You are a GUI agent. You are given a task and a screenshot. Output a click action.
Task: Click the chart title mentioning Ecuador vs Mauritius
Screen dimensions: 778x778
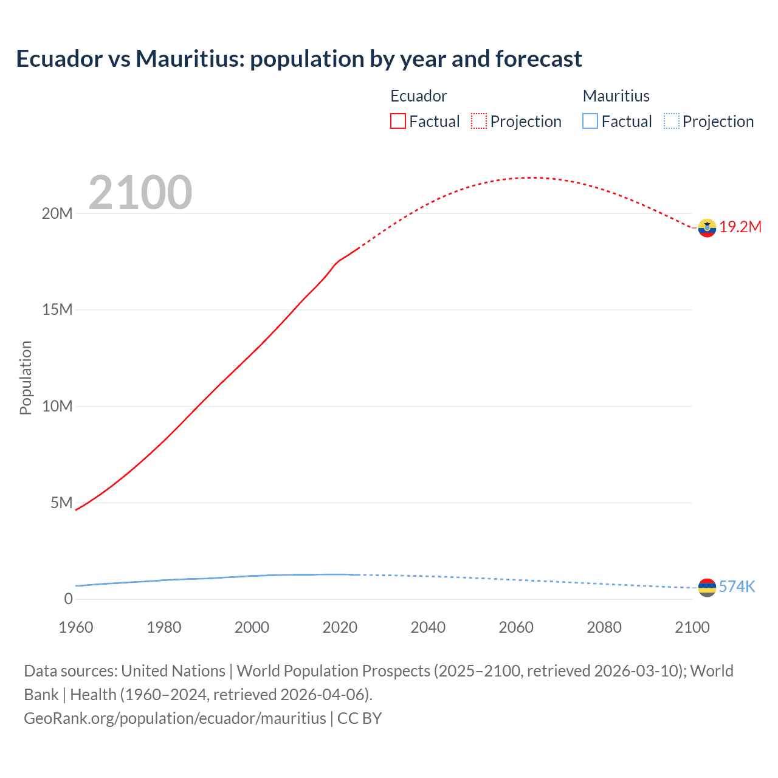pyautogui.click(x=299, y=59)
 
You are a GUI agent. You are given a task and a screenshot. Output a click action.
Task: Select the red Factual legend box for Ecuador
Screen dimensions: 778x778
pyautogui.click(x=398, y=122)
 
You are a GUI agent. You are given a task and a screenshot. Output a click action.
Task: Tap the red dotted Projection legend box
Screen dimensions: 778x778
pyautogui.click(x=479, y=122)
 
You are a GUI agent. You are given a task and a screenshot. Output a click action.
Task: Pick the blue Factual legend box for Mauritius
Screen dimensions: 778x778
pyautogui.click(x=590, y=122)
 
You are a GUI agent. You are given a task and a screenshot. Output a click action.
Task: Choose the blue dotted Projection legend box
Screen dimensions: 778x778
pyautogui.click(x=671, y=122)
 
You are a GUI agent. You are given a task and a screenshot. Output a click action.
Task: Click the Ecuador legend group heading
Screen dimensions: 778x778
pyautogui.click(x=418, y=96)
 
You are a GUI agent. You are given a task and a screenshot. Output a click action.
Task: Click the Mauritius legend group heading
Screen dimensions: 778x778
pyautogui.click(x=616, y=96)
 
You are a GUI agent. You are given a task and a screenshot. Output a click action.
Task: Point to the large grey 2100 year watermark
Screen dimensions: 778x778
pyautogui.click(x=140, y=193)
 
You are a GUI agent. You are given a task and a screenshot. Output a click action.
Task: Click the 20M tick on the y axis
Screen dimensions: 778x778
pyautogui.click(x=57, y=213)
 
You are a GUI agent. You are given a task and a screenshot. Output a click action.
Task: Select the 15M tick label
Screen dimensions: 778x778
pyautogui.click(x=57, y=310)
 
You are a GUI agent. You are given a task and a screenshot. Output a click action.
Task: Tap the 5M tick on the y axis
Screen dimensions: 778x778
pyautogui.click(x=61, y=503)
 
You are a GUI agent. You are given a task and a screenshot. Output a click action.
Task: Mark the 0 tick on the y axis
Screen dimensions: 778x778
pyautogui.click(x=68, y=599)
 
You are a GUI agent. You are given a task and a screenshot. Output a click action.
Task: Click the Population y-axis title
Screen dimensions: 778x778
pyautogui.click(x=26, y=377)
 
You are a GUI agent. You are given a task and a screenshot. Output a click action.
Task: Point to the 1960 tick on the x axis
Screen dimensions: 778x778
pyautogui.click(x=76, y=627)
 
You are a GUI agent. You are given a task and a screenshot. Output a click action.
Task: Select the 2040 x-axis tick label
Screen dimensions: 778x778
pyautogui.click(x=428, y=627)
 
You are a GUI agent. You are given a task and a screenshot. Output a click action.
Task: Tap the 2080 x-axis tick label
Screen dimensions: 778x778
pyautogui.click(x=604, y=627)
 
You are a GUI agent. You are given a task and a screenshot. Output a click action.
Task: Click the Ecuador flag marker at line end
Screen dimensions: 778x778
pyautogui.click(x=707, y=228)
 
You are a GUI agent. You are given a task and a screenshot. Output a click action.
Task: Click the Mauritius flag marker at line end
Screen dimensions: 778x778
pyautogui.click(x=707, y=588)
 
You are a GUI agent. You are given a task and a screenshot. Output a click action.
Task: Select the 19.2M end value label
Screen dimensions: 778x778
pyautogui.click(x=740, y=227)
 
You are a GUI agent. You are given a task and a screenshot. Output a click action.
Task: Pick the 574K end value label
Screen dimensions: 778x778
pyautogui.click(x=737, y=587)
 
